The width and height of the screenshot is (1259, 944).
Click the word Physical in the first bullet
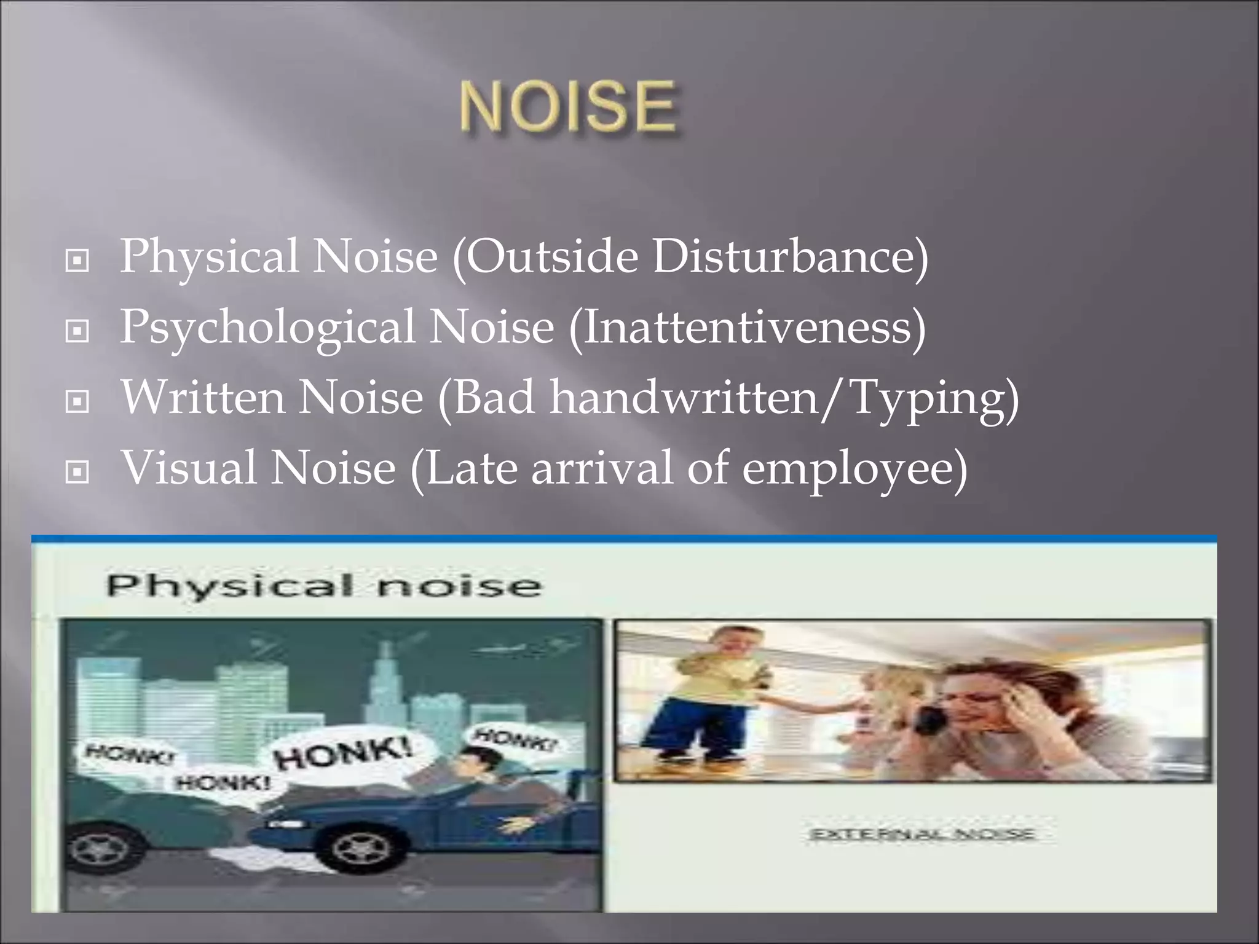[x=209, y=257]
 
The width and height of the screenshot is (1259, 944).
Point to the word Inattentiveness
[x=747, y=327]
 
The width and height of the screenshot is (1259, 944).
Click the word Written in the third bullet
[x=203, y=398]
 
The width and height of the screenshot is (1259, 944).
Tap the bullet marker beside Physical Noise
[x=77, y=261]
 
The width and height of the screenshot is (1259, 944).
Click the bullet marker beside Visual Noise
[x=77, y=473]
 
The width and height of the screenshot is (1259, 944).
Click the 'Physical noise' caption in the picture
[x=324, y=585]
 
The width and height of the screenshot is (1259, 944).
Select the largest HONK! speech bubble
[x=344, y=755]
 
